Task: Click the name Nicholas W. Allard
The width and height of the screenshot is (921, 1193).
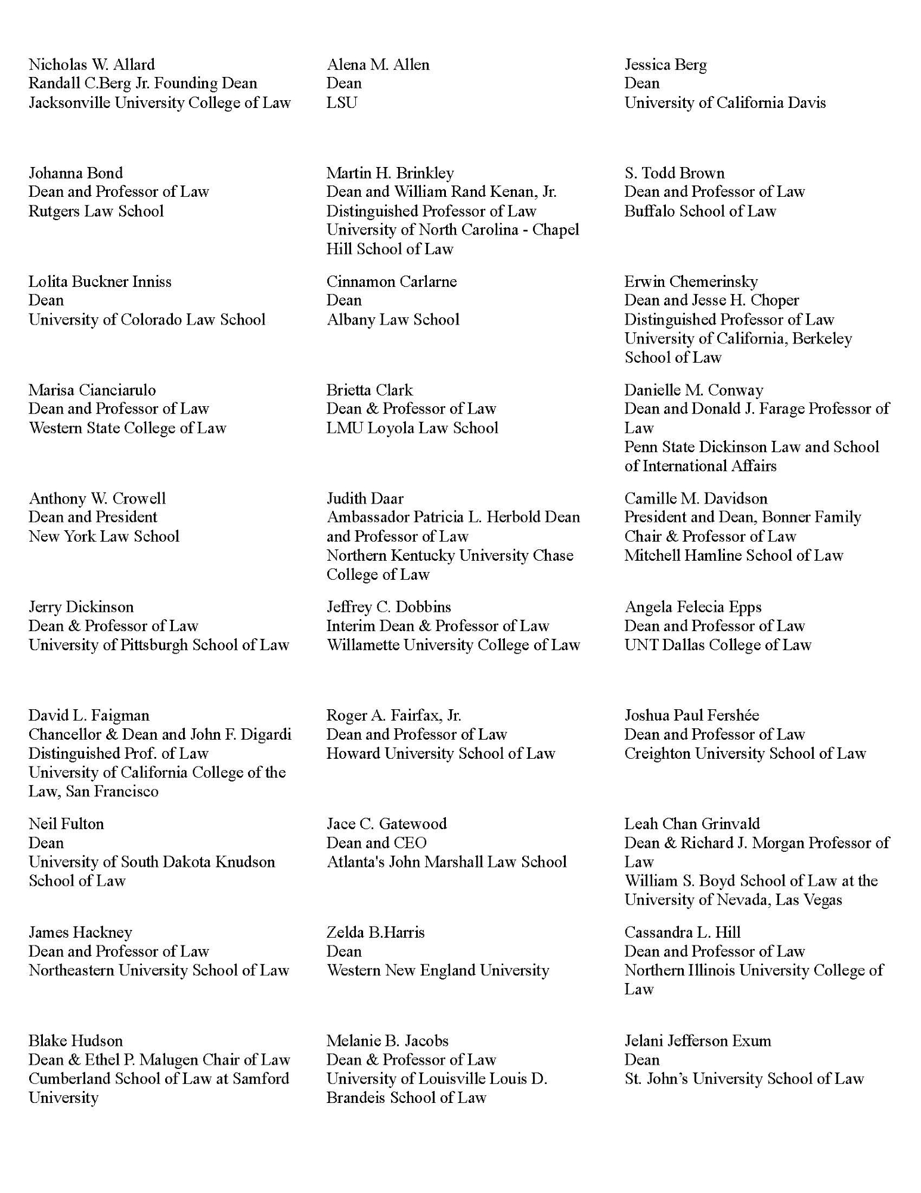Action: click(x=92, y=64)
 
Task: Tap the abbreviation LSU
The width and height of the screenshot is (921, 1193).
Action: click(x=342, y=103)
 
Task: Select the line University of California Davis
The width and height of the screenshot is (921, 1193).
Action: click(x=725, y=103)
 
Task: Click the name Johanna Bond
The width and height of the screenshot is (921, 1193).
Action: click(x=76, y=173)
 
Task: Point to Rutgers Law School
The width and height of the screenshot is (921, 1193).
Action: click(x=96, y=211)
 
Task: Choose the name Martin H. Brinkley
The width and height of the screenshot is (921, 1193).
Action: click(x=390, y=173)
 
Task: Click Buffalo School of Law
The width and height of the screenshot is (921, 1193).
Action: click(x=700, y=211)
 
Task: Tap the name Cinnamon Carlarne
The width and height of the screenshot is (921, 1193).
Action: click(x=392, y=282)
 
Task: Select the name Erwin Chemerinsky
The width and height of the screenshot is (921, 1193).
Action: click(x=691, y=282)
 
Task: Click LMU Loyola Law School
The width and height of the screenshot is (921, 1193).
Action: click(x=412, y=428)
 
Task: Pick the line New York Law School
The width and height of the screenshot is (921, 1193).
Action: click(x=104, y=536)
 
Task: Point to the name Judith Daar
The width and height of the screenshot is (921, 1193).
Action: click(x=365, y=499)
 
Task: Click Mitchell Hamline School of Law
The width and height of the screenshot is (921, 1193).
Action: click(x=734, y=555)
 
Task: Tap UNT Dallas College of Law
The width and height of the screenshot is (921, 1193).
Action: click(x=718, y=645)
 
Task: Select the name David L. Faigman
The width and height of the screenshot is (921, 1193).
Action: click(x=89, y=715)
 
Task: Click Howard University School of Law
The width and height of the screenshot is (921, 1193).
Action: click(x=441, y=753)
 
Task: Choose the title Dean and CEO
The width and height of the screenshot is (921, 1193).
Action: click(x=376, y=843)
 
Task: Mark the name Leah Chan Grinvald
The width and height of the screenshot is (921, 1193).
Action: click(x=692, y=824)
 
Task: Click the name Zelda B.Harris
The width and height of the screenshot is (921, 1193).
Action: click(x=376, y=932)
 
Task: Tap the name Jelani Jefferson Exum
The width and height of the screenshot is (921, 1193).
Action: click(x=697, y=1041)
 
